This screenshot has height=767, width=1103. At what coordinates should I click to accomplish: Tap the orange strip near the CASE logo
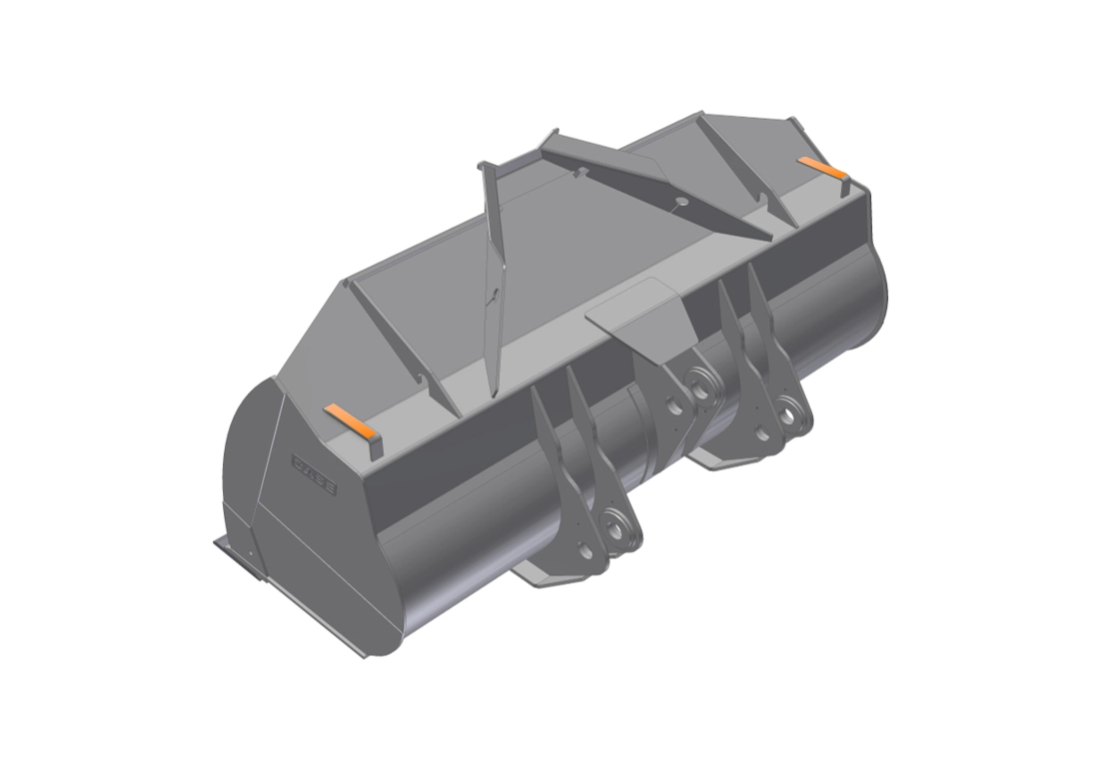[351, 420]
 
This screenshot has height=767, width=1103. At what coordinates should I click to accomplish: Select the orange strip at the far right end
[822, 166]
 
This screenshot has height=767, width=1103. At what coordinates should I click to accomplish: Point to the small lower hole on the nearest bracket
[585, 548]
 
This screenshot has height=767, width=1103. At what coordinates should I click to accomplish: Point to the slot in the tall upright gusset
[491, 296]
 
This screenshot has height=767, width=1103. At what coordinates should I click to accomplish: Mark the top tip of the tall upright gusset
[483, 165]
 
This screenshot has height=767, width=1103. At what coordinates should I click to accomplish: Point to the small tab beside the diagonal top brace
[580, 173]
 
